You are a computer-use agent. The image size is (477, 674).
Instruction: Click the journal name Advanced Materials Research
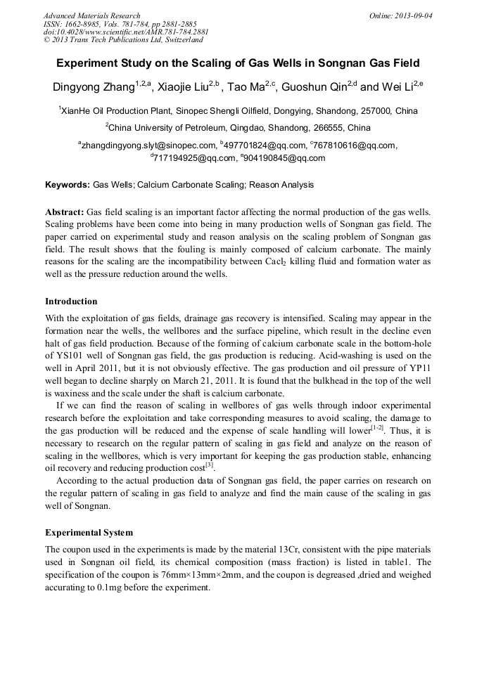pos(91,15)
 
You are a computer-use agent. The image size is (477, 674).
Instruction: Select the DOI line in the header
pos(126,32)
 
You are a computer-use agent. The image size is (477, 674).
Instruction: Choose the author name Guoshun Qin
pos(312,89)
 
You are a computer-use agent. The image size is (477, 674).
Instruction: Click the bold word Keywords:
pos(68,186)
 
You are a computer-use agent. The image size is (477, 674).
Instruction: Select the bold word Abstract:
pos(65,212)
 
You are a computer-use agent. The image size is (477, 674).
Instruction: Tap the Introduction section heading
pos(71,302)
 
